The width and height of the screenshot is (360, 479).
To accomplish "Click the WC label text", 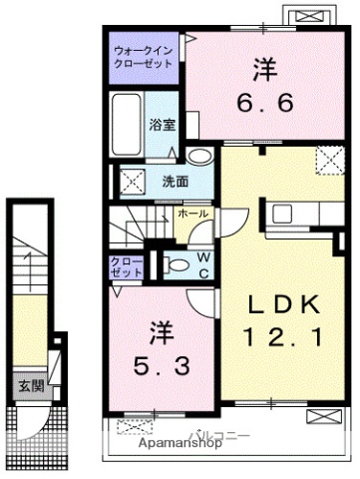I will tap(200, 266).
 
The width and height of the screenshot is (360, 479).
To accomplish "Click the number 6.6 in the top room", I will tap(264, 103).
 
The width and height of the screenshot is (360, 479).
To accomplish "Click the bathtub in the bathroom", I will tap(126, 124).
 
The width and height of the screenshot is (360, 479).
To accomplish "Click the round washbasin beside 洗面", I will tap(200, 157).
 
